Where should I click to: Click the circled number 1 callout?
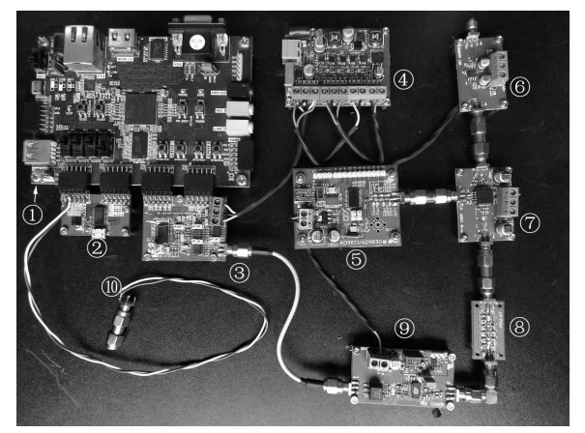point(35,216)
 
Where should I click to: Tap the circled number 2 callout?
point(96,247)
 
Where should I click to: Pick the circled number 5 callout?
point(358,259)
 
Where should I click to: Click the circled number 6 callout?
point(519,87)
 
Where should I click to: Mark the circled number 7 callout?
point(529,221)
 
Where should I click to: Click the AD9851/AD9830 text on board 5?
point(356,239)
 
